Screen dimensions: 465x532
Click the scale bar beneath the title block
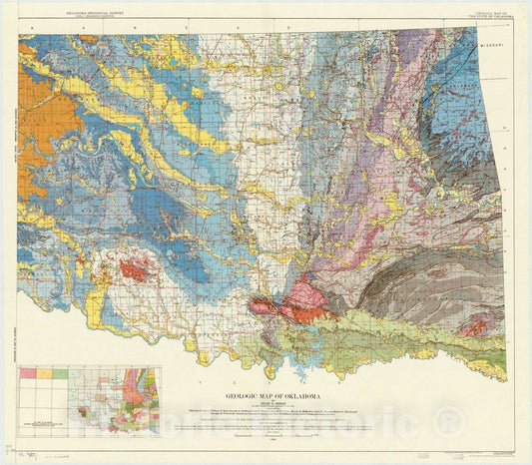[x=266, y=437]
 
